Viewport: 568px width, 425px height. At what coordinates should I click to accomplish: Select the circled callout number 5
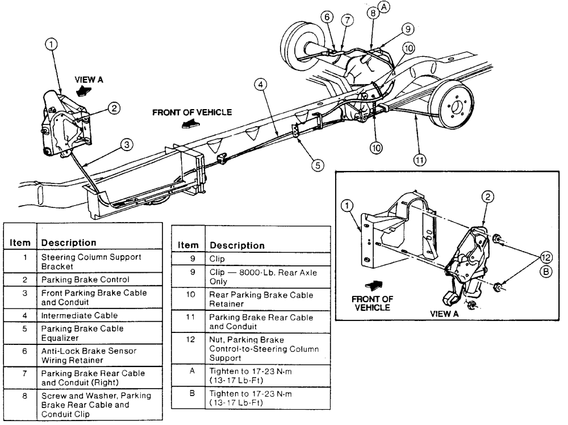(x=317, y=165)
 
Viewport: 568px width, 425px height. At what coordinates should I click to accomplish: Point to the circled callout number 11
(x=419, y=160)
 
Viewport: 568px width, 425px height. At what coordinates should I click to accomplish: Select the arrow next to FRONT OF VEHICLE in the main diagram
(x=188, y=123)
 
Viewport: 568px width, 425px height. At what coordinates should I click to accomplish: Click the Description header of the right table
(x=237, y=245)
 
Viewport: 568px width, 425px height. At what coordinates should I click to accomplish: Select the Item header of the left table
(x=19, y=242)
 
